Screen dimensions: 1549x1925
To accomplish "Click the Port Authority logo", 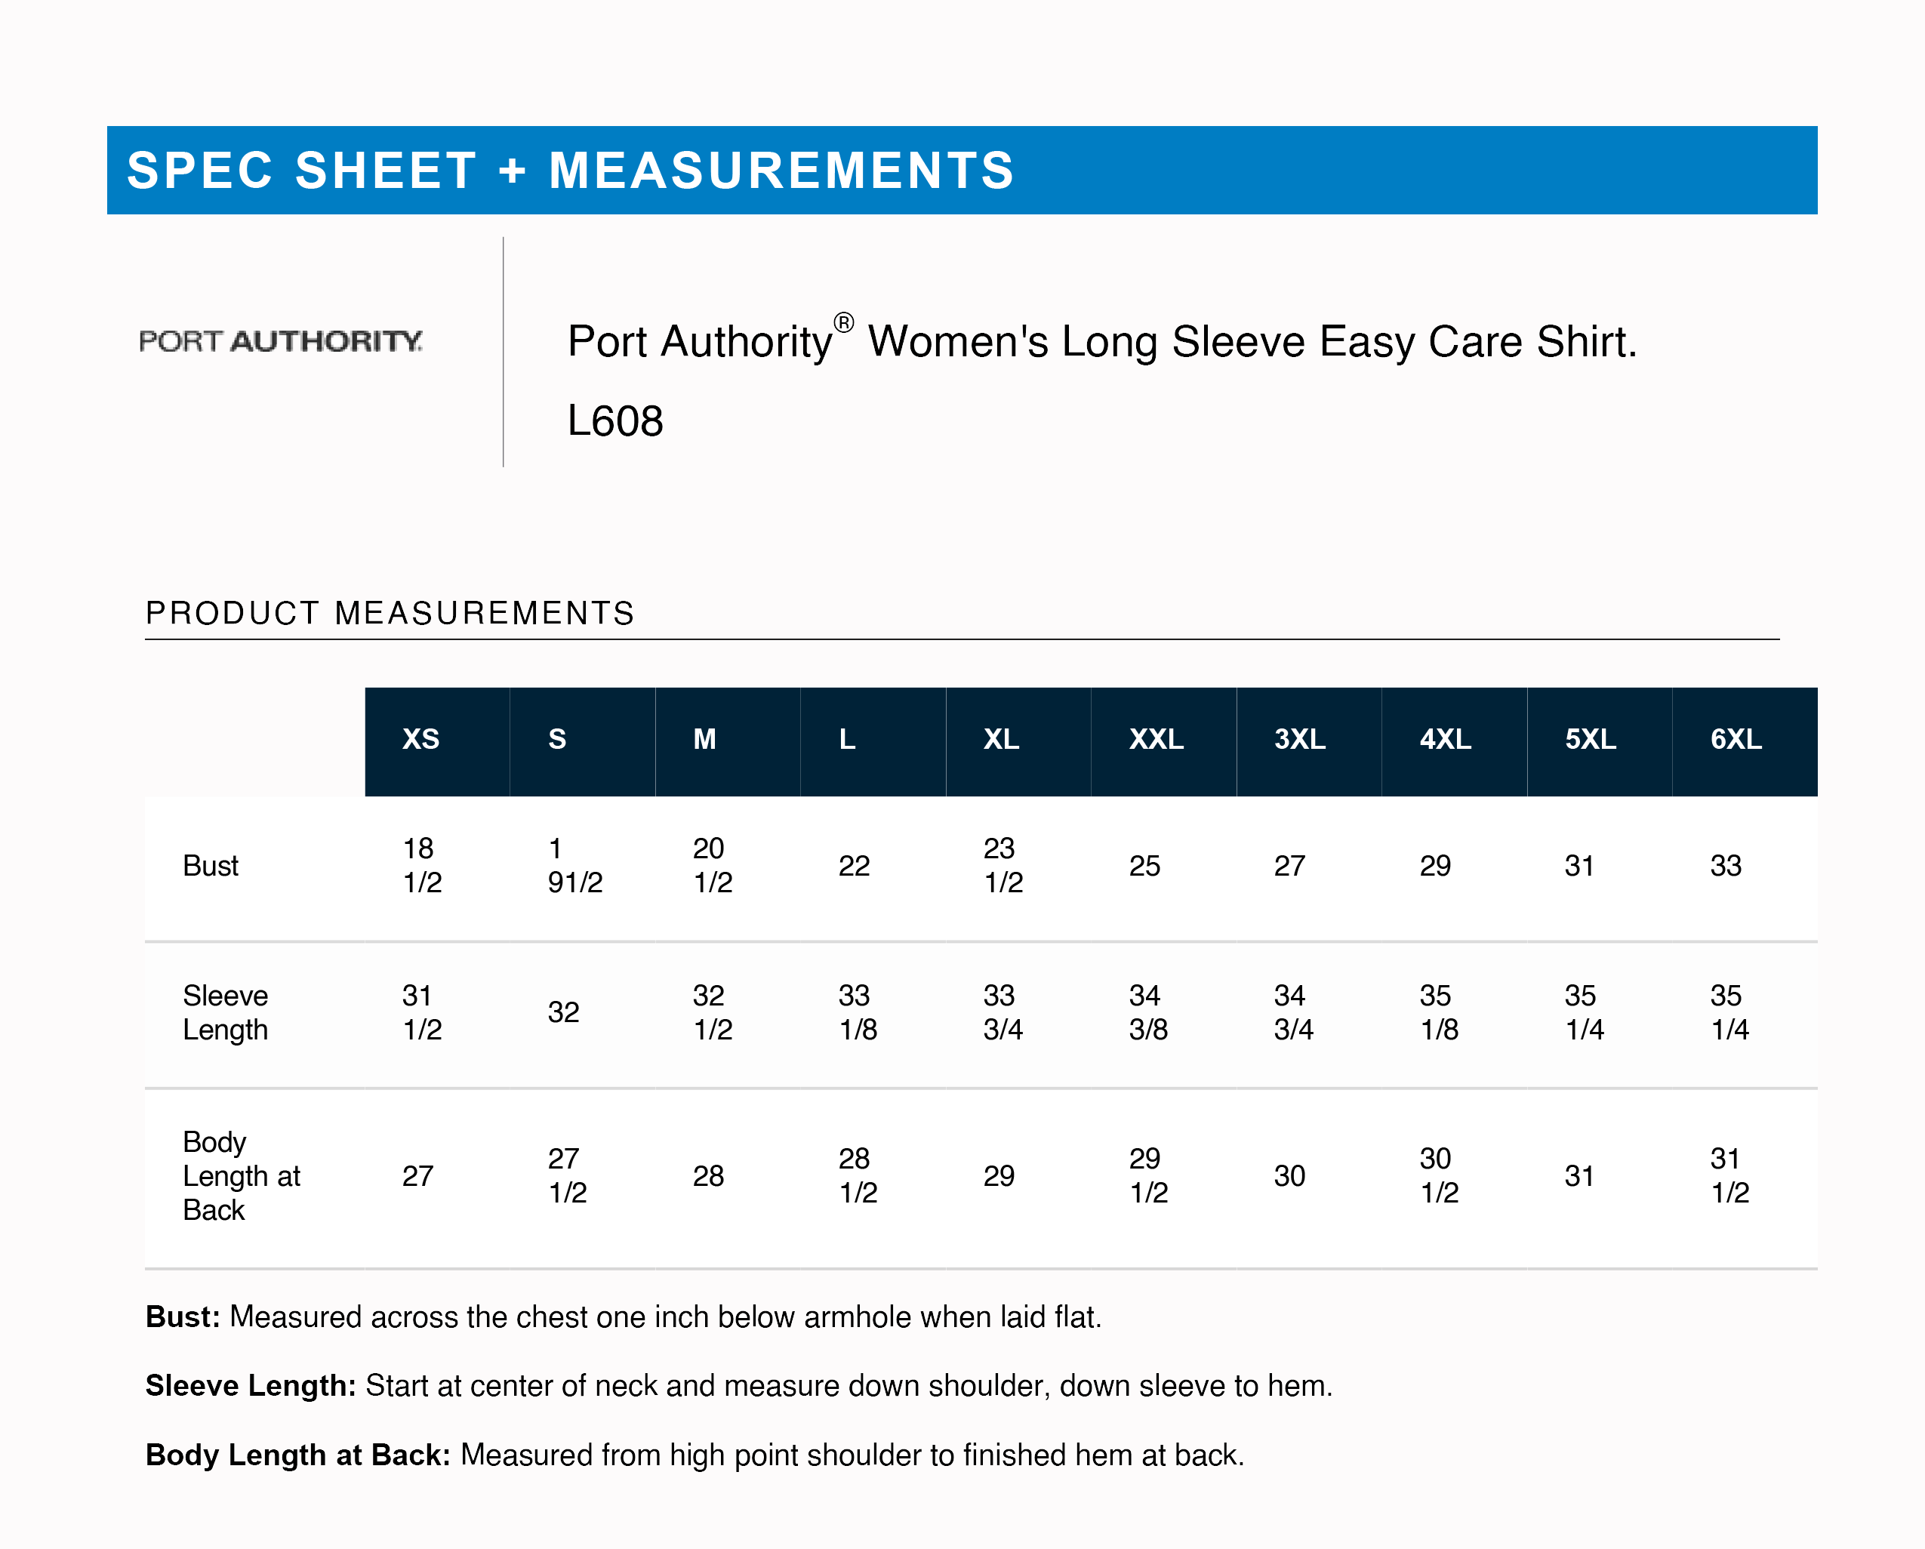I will coord(282,341).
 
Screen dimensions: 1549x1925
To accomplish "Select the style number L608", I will coord(615,420).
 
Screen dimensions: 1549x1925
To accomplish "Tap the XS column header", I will coord(420,739).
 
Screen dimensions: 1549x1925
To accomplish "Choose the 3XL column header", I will coord(1299,739).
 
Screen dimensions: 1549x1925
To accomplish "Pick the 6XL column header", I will coord(1736,739).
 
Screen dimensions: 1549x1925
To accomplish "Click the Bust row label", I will coord(211,865).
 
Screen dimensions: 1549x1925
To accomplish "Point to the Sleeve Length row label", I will coord(225,1012).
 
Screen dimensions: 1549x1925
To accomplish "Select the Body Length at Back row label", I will coord(241,1176).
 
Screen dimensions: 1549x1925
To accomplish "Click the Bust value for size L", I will coord(854,865).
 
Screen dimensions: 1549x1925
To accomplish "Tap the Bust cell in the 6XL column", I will coord(1725,865).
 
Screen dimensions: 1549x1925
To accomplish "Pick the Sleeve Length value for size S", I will coord(563,1012).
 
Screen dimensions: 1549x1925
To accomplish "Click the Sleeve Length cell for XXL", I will coord(1147,1012).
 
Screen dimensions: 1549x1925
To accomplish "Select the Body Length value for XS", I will coord(418,1176).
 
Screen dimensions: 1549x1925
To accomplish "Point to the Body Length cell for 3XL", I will coord(1289,1176).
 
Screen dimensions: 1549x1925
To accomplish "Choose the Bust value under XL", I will coord(1002,865).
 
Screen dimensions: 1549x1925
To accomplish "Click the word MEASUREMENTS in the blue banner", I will coord(781,171).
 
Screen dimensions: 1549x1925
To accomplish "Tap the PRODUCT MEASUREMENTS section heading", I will coord(390,614).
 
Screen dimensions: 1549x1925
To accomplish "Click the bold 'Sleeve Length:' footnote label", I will coord(251,1386).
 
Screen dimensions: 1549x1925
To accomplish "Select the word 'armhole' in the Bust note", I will coord(857,1316).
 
